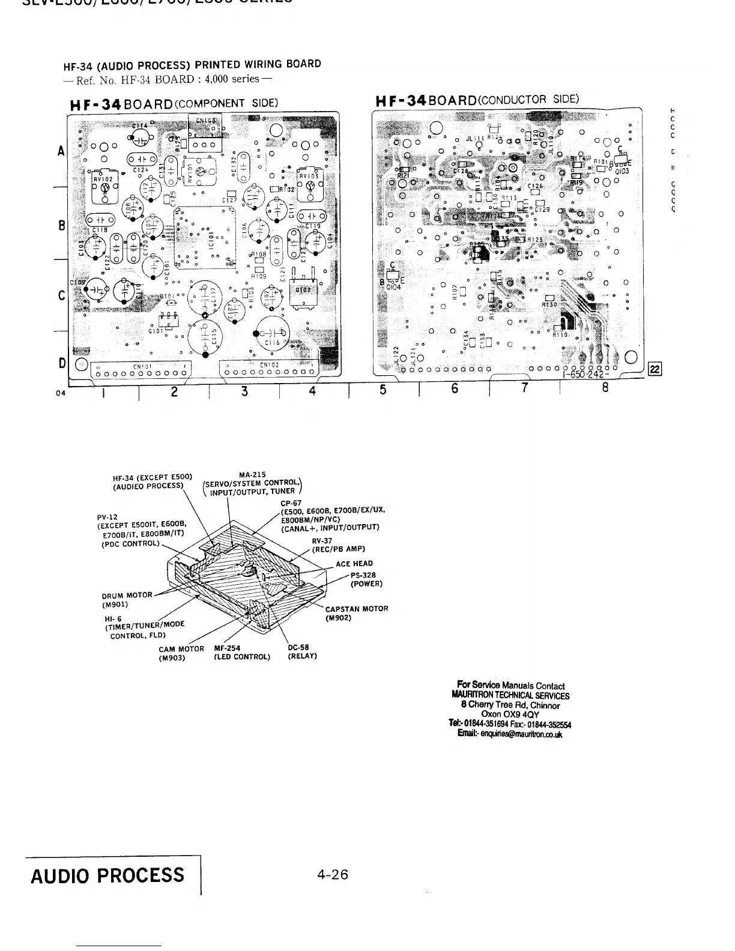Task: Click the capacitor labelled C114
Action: [x=141, y=137]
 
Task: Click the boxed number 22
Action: [x=655, y=369]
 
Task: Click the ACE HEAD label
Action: [x=354, y=563]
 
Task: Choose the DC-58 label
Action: [x=298, y=648]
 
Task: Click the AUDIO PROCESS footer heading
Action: [x=107, y=876]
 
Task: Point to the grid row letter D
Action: [x=62, y=363]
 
